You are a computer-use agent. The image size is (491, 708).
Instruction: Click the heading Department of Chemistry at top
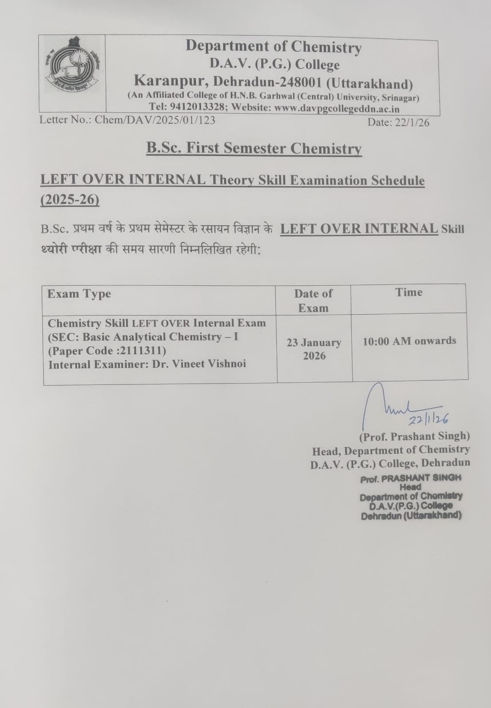point(273,46)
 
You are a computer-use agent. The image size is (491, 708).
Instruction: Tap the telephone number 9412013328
point(197,108)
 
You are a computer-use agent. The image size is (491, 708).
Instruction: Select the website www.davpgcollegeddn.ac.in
point(337,108)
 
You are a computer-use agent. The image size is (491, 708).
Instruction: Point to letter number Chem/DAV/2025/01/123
point(155,120)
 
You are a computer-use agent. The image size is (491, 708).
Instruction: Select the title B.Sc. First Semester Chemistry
point(254,148)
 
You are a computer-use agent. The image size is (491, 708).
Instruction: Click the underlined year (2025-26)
point(70,200)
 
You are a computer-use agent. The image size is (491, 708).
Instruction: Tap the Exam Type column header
point(79,294)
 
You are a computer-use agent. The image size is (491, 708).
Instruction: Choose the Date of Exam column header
point(313,300)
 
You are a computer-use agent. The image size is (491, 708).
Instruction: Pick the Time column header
point(409,292)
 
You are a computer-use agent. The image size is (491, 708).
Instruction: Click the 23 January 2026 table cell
point(314,349)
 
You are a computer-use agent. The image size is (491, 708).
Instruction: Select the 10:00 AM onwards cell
point(409,341)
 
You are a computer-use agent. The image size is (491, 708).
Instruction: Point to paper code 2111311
point(145,351)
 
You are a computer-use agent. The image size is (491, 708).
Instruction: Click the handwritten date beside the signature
point(429,418)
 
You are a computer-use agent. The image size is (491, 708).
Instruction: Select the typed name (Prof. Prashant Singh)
point(414,436)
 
